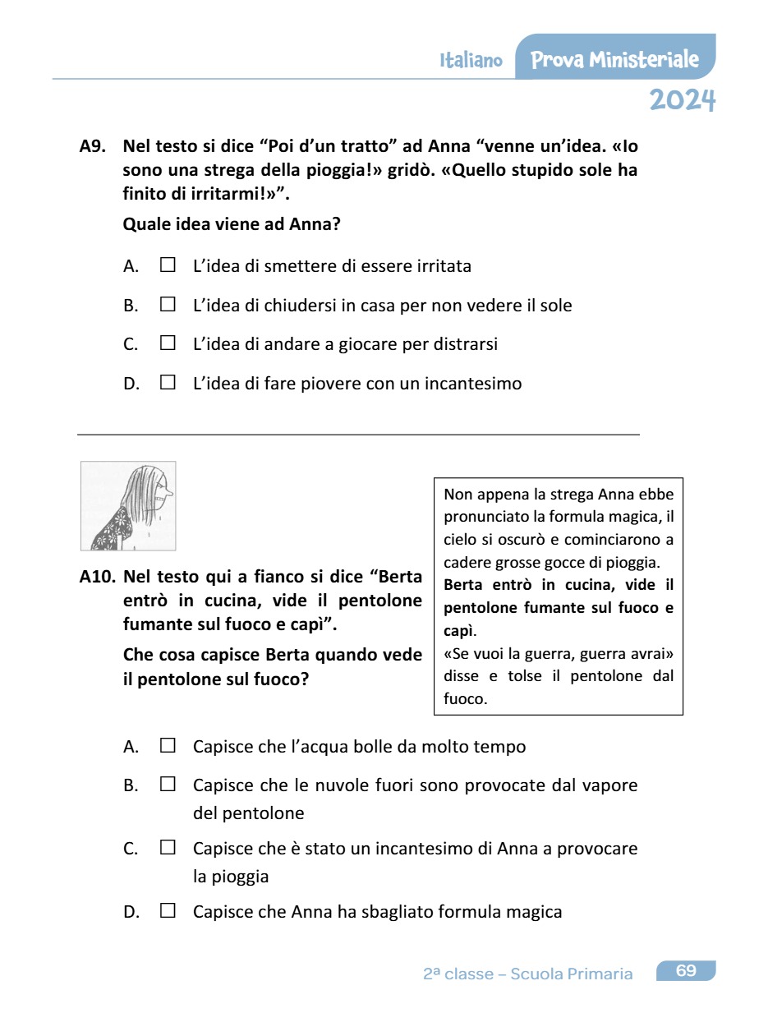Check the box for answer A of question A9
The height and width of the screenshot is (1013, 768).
click(168, 265)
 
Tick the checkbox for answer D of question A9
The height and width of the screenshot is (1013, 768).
click(168, 383)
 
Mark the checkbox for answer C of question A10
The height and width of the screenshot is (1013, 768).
click(168, 847)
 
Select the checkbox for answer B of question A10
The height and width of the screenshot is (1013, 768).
click(168, 785)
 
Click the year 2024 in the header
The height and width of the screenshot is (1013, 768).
click(682, 100)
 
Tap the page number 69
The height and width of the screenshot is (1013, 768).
click(686, 971)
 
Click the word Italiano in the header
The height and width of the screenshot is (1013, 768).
click(471, 61)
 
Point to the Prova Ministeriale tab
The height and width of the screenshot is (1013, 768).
click(614, 59)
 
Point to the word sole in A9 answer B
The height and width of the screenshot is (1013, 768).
click(555, 306)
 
